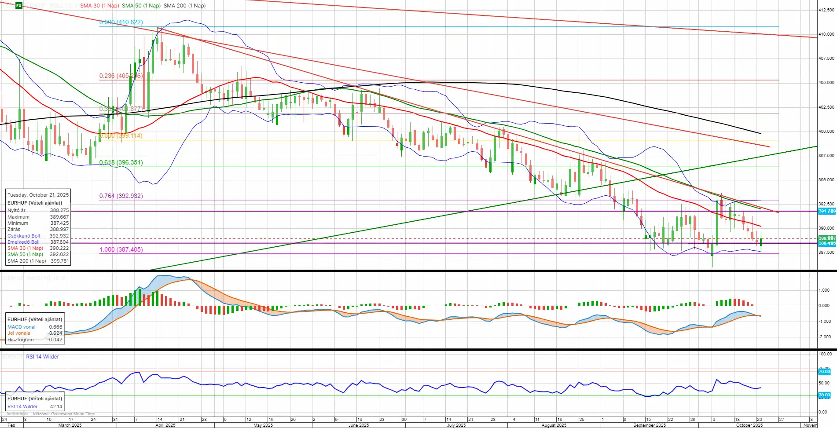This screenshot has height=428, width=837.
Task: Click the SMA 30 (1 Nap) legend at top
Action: pyautogui.click(x=99, y=6)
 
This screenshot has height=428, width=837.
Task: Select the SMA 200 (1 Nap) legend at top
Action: pyautogui.click(x=184, y=6)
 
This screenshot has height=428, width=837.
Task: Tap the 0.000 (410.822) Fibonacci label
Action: pyautogui.click(x=121, y=22)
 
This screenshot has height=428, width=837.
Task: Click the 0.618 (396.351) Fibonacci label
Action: pyautogui.click(x=121, y=162)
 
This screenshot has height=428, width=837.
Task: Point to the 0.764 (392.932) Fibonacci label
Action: pyautogui.click(x=121, y=196)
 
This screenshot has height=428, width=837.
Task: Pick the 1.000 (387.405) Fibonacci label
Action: pyautogui.click(x=121, y=249)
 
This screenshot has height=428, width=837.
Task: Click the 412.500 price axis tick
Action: pyautogui.click(x=826, y=10)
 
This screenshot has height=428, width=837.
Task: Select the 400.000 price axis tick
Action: pyautogui.click(x=826, y=131)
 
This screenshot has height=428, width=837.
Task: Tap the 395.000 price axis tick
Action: pyautogui.click(x=826, y=179)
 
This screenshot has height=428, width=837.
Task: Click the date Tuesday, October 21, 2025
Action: pyautogui.click(x=38, y=195)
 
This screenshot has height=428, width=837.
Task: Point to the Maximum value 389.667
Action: pyautogui.click(x=59, y=217)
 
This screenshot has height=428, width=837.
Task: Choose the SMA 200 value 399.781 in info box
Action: pyautogui.click(x=59, y=261)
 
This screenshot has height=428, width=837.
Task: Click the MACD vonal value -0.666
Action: pyautogui.click(x=55, y=327)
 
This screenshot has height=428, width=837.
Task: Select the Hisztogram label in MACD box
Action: pyautogui.click(x=20, y=340)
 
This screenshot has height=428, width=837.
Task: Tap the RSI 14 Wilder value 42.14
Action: pyautogui.click(x=56, y=406)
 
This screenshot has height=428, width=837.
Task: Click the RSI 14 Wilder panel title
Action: pyautogui.click(x=42, y=357)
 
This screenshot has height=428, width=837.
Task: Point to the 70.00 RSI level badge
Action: pyautogui.click(x=824, y=372)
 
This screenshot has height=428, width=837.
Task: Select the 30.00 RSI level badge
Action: pyautogui.click(x=824, y=395)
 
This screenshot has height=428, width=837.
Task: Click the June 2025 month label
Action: pyautogui.click(x=358, y=425)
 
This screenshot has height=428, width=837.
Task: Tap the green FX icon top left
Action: pyautogui.click(x=19, y=6)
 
